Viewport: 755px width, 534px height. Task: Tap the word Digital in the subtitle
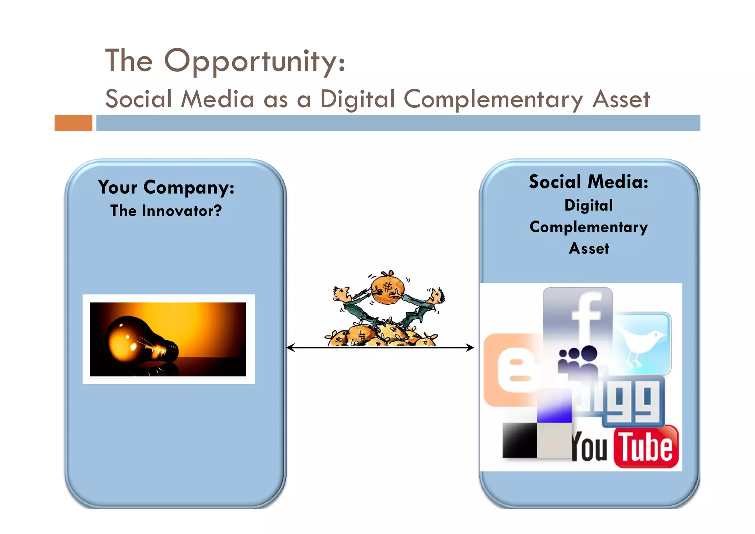357,99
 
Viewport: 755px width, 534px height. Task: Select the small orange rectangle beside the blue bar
73,123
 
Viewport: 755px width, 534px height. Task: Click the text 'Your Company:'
166,187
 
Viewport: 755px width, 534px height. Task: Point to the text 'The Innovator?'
166,211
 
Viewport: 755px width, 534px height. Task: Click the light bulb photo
168,339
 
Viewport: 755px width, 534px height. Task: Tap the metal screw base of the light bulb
170,350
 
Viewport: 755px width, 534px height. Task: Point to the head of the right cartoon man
437,295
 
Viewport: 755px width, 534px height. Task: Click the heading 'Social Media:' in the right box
588,182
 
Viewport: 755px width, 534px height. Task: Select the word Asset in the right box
589,249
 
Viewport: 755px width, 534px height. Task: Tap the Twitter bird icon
642,343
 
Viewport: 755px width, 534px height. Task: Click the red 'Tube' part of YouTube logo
646,447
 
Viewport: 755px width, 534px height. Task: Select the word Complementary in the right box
588,227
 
